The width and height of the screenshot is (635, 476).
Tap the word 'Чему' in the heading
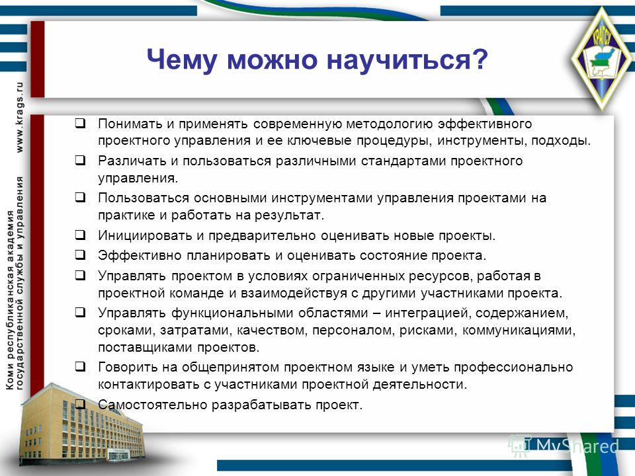pyautogui.click(x=182, y=60)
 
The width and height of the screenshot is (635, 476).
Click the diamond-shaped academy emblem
pyautogui.click(x=602, y=59)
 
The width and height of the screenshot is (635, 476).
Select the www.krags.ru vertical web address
pyautogui.click(x=19, y=117)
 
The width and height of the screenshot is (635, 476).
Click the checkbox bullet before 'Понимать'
pyautogui.click(x=80, y=123)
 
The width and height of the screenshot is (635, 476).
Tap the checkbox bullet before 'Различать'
pyautogui.click(x=80, y=160)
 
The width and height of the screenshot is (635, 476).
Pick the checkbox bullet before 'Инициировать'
pyautogui.click(x=80, y=235)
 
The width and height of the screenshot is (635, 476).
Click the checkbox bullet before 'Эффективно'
pyautogui.click(x=80, y=255)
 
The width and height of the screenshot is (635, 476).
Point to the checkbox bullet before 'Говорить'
pyautogui.click(x=80, y=367)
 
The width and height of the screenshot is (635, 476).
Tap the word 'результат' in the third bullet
pyautogui.click(x=288, y=216)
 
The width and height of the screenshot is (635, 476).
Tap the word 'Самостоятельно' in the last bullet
pyautogui.click(x=152, y=405)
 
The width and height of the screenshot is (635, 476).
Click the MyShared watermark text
pyautogui.click(x=577, y=446)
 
